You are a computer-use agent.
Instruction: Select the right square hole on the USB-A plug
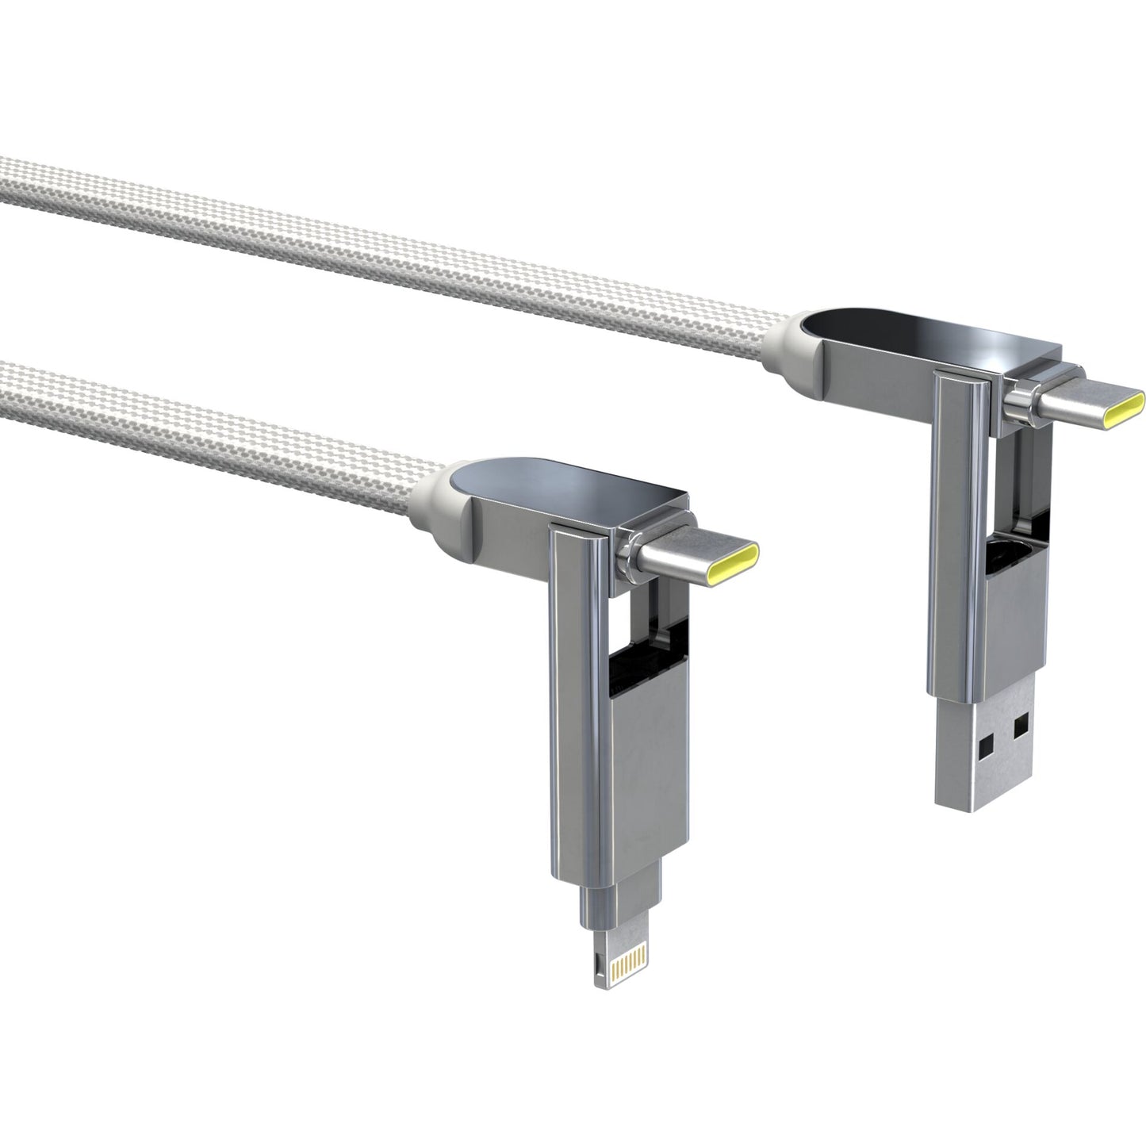[1020, 722]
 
